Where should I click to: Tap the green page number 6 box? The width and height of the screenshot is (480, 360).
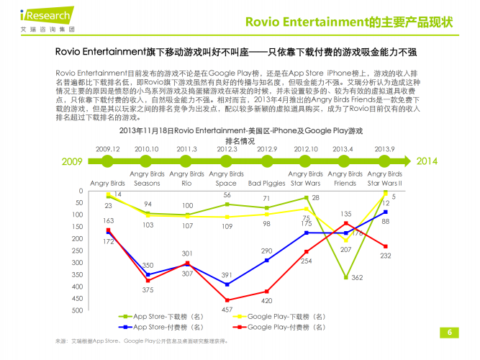click(449, 332)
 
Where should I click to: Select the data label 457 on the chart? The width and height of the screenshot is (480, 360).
click(227, 309)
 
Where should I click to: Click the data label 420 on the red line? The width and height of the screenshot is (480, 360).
click(266, 300)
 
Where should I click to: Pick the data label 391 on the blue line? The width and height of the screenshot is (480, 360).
click(227, 275)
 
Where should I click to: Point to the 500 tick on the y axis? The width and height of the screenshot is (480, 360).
click(77, 310)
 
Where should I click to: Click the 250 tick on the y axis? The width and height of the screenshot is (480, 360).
click(77, 251)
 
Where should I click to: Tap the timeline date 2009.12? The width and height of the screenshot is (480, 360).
click(108, 149)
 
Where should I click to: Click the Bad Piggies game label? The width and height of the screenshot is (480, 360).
click(266, 183)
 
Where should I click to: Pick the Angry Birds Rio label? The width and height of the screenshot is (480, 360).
click(187, 179)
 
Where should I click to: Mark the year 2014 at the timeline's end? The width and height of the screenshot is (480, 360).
click(427, 161)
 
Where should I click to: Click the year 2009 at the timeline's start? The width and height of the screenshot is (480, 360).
click(72, 161)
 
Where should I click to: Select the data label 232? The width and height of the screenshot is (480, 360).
click(386, 256)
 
